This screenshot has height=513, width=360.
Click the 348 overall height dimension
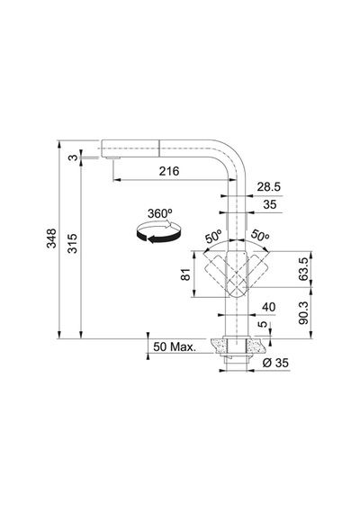(51, 238)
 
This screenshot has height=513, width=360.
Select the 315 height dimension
(72, 243)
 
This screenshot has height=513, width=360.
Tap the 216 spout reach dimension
(169, 171)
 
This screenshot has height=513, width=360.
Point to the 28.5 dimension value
(269, 187)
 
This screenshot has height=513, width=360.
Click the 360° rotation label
(159, 213)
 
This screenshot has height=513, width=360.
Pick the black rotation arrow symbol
(158, 232)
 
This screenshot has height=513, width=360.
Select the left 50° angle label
(213, 236)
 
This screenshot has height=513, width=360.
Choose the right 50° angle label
(260, 235)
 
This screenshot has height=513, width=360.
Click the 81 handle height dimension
(185, 274)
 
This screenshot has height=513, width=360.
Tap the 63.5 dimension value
(303, 269)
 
